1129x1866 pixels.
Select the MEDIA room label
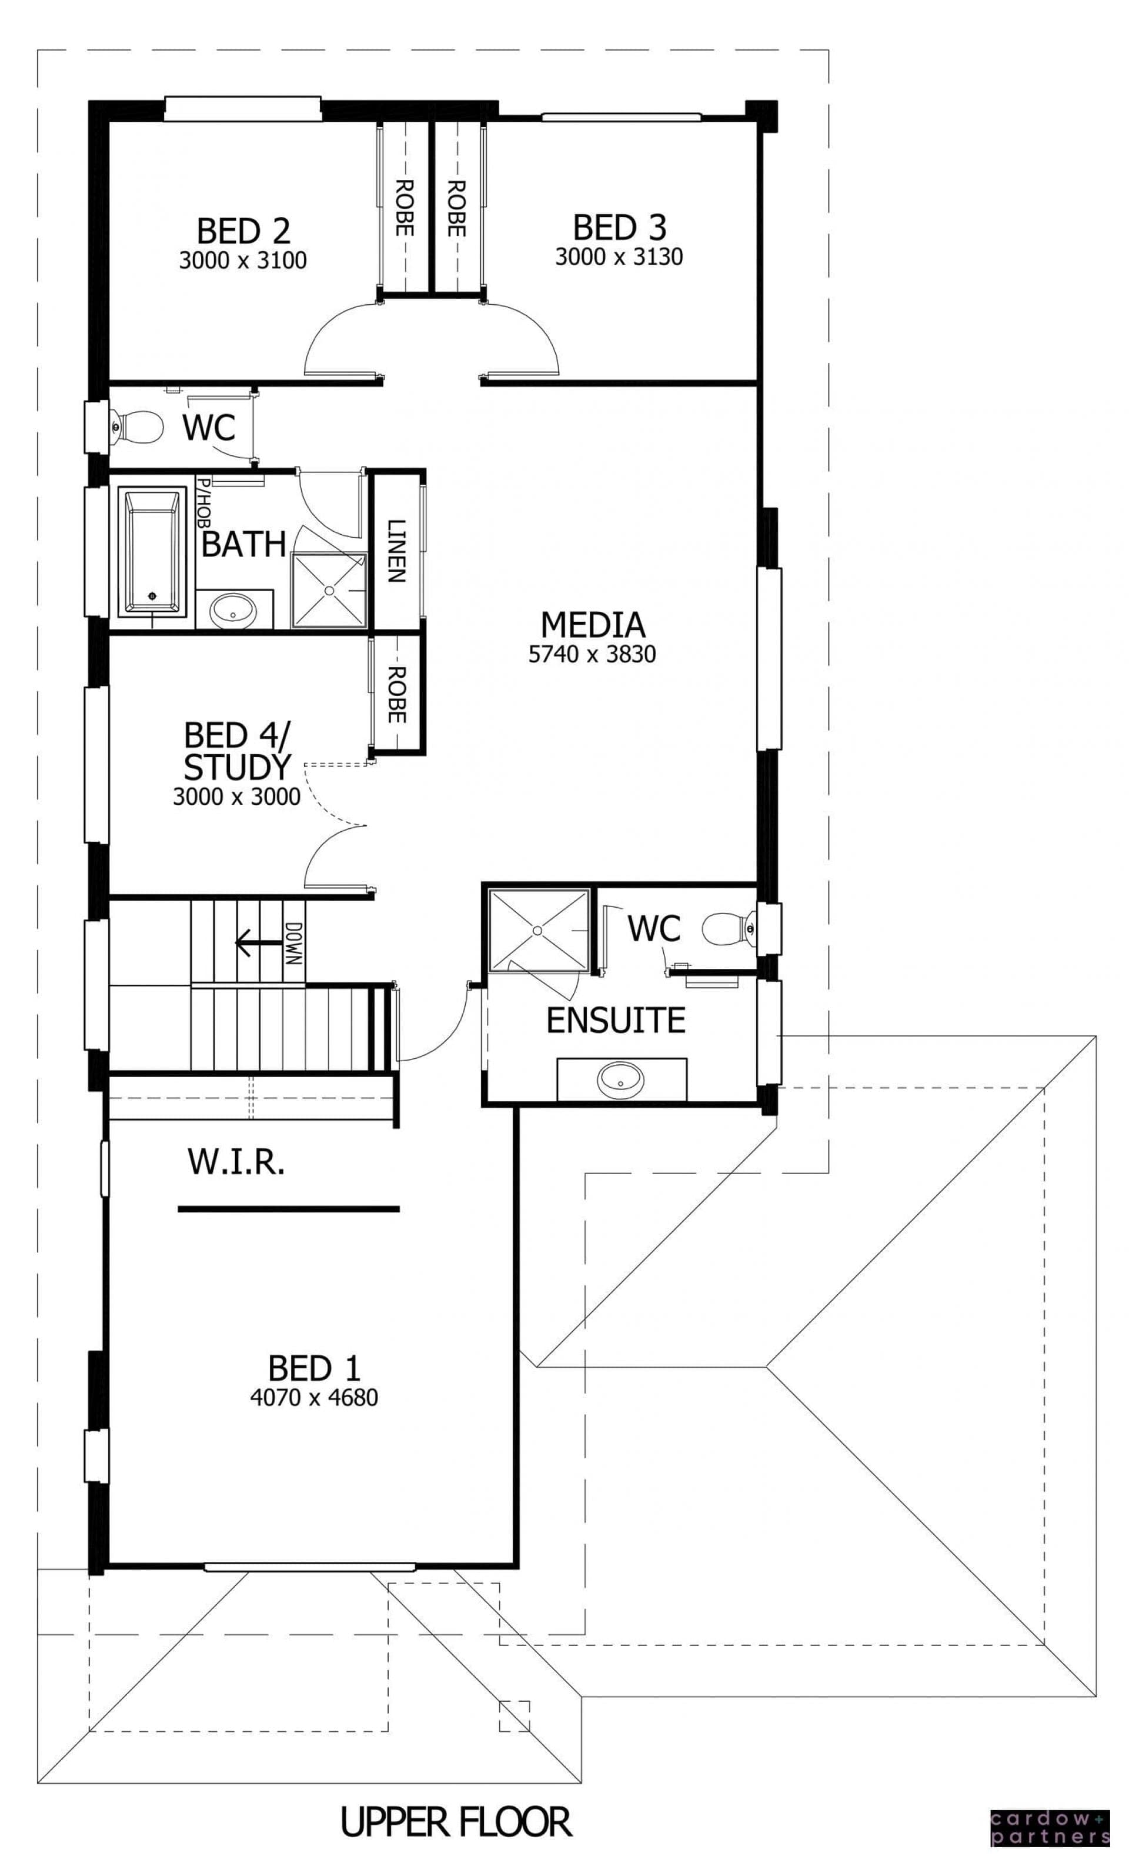coord(593,625)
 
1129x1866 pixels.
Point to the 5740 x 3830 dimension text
coord(592,654)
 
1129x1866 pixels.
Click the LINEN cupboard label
coord(395,551)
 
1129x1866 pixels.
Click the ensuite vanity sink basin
coord(621,1079)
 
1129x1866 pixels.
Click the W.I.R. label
coord(236,1162)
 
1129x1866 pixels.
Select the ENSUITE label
coord(616,1020)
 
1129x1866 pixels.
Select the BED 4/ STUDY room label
coord(237,751)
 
